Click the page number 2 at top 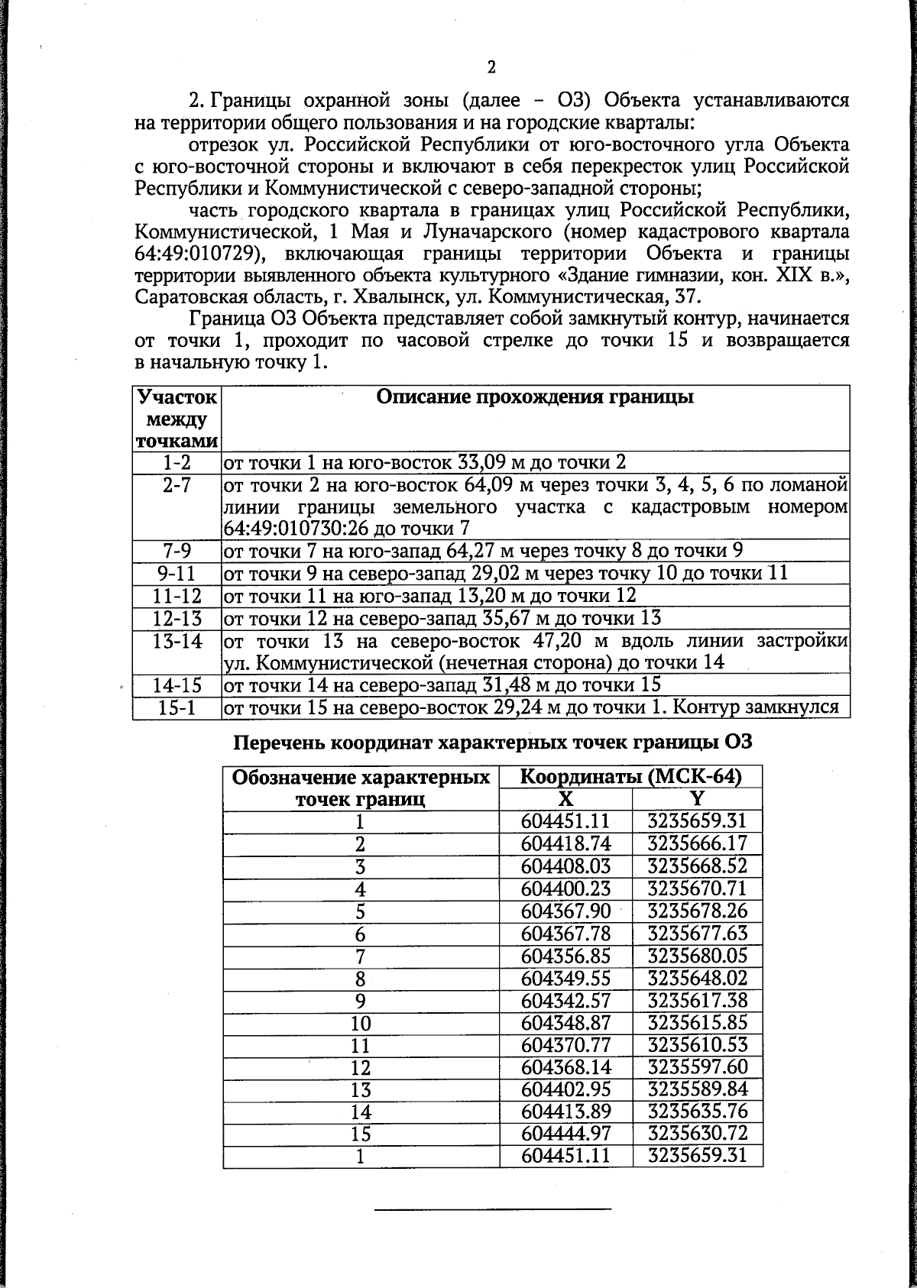(491, 67)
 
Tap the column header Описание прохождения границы (535, 397)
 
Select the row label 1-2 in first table (177, 463)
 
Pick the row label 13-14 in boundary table (177, 642)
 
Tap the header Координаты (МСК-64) (630, 777)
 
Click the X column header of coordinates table (565, 798)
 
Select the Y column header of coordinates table (697, 798)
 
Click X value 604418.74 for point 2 (565, 843)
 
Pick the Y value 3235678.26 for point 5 (697, 911)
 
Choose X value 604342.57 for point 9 (565, 1000)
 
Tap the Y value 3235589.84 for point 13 (697, 1089)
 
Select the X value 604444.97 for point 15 (565, 1133)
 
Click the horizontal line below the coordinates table (493, 1209)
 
